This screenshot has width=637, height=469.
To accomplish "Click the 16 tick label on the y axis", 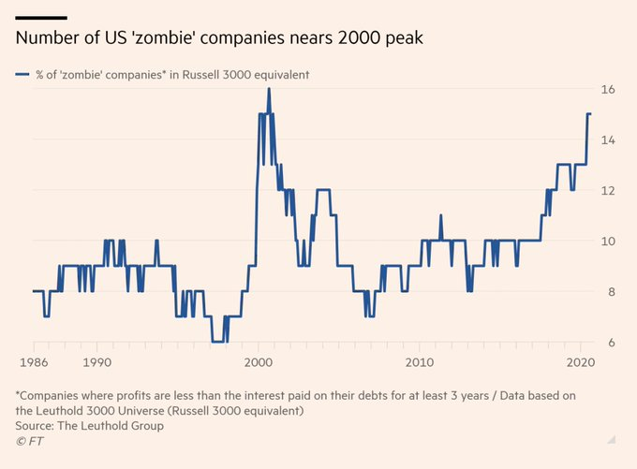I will [607, 90].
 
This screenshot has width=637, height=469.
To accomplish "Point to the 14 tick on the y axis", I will [607, 140].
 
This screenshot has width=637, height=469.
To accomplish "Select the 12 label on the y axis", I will [607, 191].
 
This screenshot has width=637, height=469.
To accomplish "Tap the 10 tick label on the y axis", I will [607, 242].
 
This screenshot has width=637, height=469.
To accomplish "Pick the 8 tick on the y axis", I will [609, 292].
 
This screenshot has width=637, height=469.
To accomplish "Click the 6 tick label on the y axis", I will [609, 343].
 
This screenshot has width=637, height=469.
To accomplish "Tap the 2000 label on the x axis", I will [259, 361].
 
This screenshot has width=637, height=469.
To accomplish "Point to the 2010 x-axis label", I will [419, 361].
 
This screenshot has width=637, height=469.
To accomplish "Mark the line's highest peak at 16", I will [269, 89].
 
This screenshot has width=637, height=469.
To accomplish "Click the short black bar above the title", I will [40, 17].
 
